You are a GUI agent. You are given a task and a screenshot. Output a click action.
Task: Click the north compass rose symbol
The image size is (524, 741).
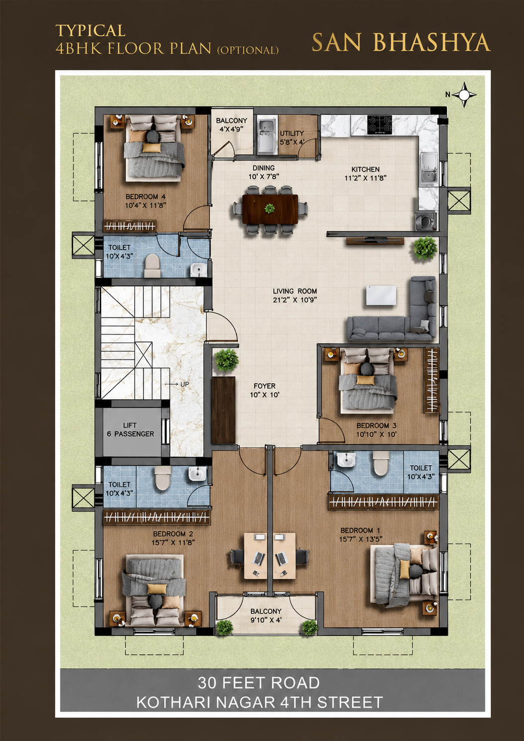point(464,95)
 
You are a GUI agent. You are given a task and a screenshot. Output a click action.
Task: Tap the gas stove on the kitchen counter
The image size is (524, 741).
point(379,125)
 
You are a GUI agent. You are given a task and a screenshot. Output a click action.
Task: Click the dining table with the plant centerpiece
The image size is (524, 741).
point(270,209)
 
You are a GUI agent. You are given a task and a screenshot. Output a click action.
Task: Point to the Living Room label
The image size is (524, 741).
point(295,291)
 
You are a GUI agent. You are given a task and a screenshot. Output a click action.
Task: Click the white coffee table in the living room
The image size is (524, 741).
point(381,295)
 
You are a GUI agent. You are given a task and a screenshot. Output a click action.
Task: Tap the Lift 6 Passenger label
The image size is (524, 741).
point(130,429)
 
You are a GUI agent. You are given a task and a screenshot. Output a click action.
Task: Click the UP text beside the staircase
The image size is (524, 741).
point(184,384)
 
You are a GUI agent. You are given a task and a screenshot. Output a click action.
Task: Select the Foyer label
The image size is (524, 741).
point(264,386)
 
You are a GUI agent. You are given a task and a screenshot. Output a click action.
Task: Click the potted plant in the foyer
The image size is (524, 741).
point(227,360)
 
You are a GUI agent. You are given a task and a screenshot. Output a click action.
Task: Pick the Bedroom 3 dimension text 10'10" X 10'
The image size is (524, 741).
point(376,434)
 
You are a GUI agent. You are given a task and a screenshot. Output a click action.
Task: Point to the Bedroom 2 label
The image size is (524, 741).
point(173,534)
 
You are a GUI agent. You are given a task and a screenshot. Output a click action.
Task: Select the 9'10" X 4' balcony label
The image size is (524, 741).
point(266,620)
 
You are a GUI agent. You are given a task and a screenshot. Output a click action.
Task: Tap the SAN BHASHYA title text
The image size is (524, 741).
point(401,42)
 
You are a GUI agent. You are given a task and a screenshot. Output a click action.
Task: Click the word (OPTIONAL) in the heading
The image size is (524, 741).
point(248,50)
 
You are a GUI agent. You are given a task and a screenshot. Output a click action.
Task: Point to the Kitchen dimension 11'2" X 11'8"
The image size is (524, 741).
point(366,178)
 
